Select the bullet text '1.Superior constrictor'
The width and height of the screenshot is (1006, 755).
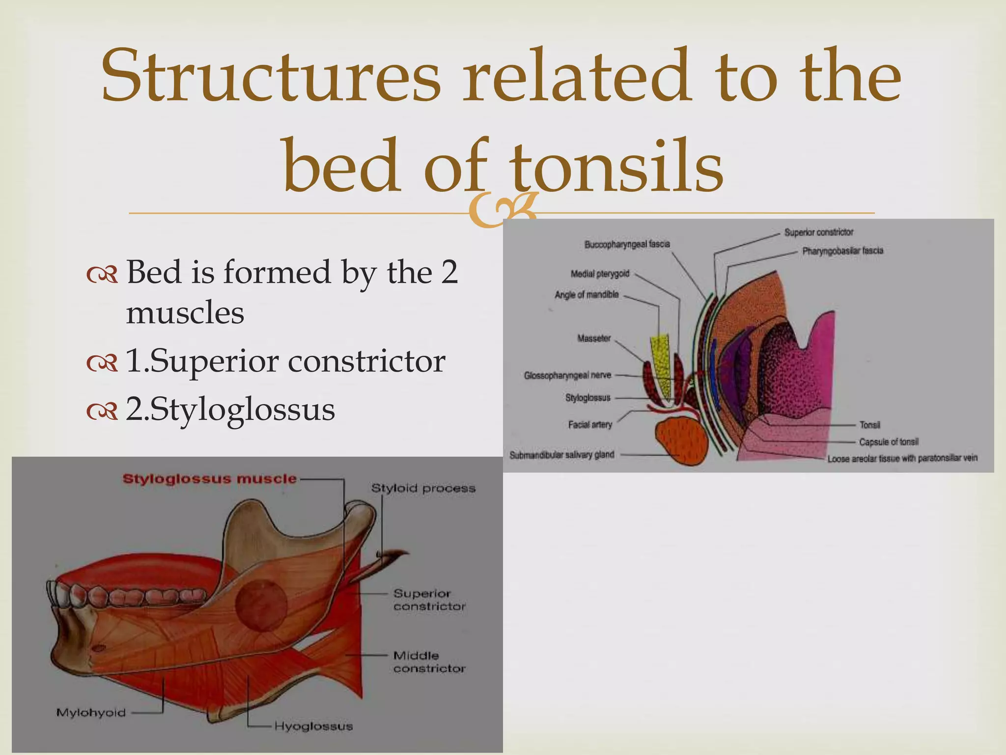point(285,361)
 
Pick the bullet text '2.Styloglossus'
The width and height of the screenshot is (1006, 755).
point(230,409)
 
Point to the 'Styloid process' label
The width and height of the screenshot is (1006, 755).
point(423,488)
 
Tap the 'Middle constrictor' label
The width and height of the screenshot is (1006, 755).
point(429,662)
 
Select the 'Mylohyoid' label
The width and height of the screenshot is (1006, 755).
point(91,712)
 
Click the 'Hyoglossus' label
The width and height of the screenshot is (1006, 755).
point(313,726)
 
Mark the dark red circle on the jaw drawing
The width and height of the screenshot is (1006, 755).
point(261,605)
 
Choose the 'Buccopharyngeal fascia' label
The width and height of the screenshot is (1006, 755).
point(627,244)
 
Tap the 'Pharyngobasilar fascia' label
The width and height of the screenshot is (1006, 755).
point(842,251)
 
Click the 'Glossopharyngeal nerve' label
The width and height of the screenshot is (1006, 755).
point(567,376)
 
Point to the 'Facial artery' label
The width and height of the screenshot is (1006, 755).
point(590,424)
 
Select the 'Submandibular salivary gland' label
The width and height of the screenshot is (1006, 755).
point(561,455)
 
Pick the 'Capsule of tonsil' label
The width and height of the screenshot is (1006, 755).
point(889,442)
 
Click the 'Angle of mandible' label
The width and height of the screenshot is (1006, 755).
point(587,295)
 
